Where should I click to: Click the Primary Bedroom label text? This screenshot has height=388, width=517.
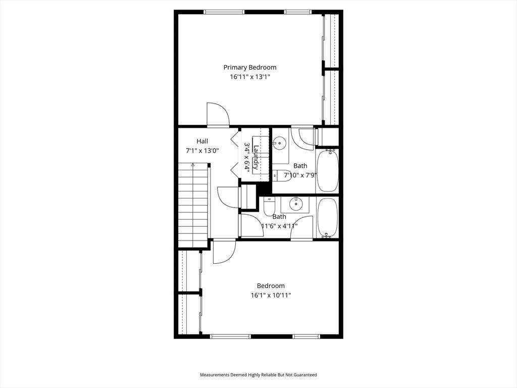coord(249,67)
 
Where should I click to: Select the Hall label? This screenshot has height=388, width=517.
coord(202,141)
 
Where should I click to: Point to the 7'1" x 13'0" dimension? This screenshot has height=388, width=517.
coord(202,151)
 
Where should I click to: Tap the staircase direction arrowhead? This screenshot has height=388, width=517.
coord(193,164)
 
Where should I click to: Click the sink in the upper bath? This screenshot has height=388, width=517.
coord(280,143)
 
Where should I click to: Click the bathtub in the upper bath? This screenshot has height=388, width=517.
coord(327,171)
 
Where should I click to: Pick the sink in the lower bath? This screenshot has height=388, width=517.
coord(296,204)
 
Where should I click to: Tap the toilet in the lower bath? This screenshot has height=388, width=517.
coord(270,206)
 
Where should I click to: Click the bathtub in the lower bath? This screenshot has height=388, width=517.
coord(327,217)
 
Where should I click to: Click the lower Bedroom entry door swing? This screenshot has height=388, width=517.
coord(224,252)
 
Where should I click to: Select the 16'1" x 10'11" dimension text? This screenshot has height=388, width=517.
coord(271,295)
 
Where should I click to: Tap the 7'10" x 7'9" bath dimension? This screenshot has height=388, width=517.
coord(300,175)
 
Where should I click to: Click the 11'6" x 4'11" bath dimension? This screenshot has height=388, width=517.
coord(279,226)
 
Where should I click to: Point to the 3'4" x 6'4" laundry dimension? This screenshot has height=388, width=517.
coord(247,156)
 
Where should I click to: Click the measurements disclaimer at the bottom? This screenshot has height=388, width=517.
coord(258,375)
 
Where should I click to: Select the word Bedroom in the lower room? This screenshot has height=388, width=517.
coord(271,286)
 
